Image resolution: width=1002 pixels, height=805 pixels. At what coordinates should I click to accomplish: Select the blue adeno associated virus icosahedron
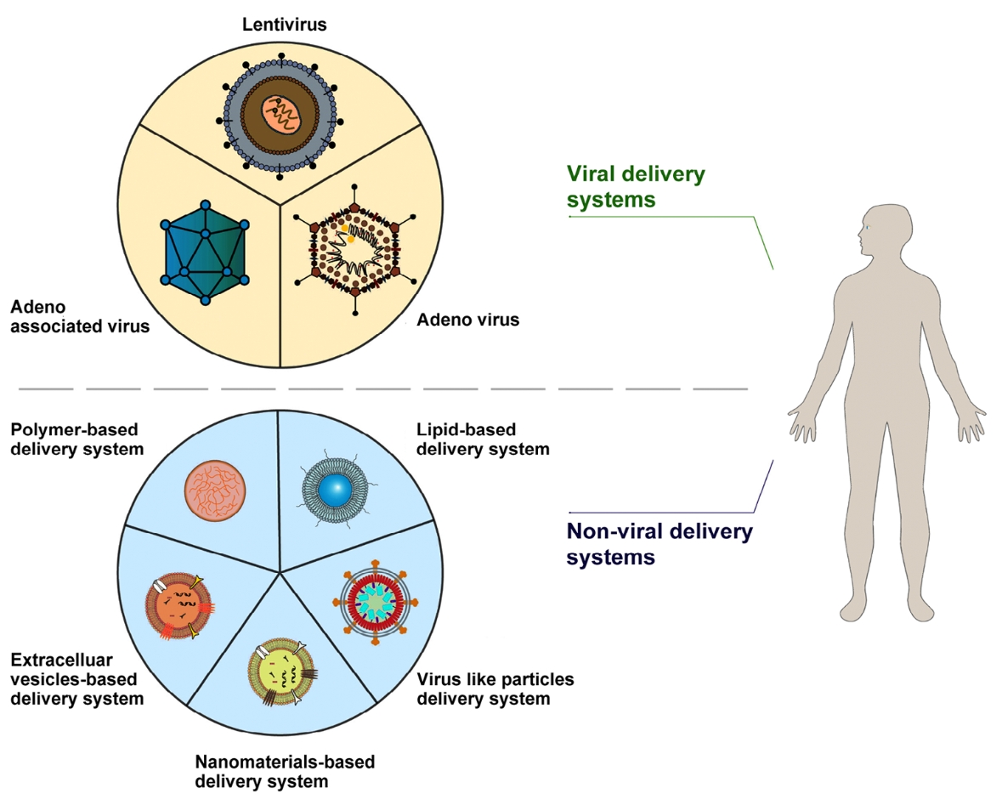[205, 253]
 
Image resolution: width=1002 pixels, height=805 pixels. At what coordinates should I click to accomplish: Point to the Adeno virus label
[467, 320]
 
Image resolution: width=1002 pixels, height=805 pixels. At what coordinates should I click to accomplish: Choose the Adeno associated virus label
[79, 316]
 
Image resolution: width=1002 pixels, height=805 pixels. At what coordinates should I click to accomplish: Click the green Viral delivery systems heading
[636, 187]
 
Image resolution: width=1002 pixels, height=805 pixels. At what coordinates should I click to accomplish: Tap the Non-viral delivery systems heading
[659, 545]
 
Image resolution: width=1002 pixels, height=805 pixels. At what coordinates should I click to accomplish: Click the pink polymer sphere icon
[217, 491]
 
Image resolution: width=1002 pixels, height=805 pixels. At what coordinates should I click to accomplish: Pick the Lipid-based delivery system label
[482, 439]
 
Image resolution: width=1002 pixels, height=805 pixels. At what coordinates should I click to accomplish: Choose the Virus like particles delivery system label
[495, 689]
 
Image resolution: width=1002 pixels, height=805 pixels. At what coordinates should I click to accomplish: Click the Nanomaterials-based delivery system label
[285, 771]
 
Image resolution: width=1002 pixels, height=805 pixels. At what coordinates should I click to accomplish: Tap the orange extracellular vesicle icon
[178, 606]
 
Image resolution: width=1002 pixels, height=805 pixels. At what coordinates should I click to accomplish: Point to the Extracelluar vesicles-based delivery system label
[76, 679]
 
